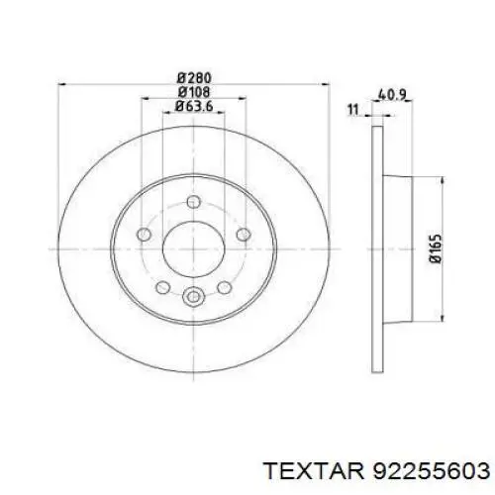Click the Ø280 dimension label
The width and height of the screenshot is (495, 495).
pyautogui.click(x=194, y=78)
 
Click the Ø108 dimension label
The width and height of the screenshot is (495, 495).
pyautogui.click(x=194, y=92)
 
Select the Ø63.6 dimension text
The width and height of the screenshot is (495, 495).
pyautogui.click(x=194, y=106)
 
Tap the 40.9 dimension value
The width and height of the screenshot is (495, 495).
pyautogui.click(x=391, y=95)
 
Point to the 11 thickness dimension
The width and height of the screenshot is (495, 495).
pyautogui.click(x=353, y=109)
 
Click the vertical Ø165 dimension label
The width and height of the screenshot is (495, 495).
pyautogui.click(x=436, y=248)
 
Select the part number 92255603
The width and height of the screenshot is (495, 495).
pyautogui.click(x=431, y=470)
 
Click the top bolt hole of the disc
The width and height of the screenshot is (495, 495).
pyautogui.click(x=193, y=202)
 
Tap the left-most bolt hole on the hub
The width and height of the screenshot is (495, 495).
pyautogui.click(x=144, y=235)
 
